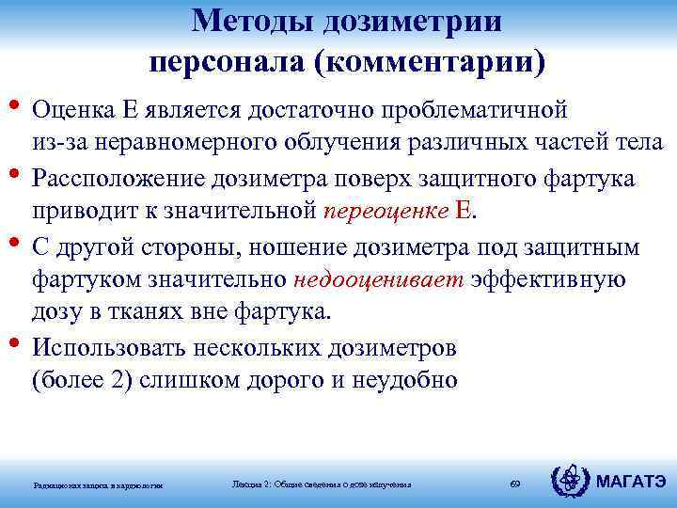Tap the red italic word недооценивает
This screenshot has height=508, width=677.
[x=379, y=279]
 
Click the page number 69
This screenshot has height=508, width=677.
[x=514, y=484]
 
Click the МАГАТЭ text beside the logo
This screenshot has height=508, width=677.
[x=631, y=483]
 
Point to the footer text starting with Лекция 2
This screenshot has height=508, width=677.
[x=321, y=484]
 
